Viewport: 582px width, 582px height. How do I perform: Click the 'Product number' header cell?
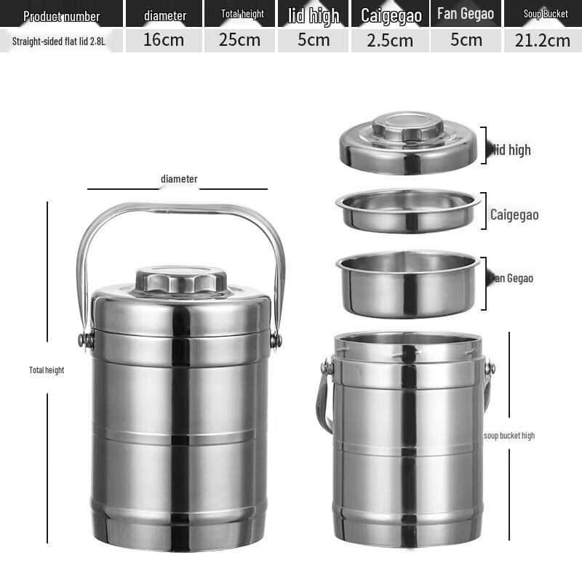[61, 15]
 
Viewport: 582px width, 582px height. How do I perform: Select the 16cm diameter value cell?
[164, 40]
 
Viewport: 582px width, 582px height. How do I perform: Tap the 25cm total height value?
[239, 40]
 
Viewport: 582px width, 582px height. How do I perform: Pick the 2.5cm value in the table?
[390, 40]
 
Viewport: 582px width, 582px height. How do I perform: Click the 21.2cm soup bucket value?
[542, 40]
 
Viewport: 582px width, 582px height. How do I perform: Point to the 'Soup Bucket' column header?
[546, 14]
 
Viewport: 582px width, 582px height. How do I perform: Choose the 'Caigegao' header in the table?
[391, 15]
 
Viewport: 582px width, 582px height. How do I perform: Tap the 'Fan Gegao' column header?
[466, 14]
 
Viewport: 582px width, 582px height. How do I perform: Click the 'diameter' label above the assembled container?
[179, 179]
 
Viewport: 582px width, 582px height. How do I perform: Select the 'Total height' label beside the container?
[47, 370]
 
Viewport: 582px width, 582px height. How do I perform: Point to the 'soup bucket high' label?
[509, 436]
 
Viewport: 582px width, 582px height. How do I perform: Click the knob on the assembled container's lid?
[180, 280]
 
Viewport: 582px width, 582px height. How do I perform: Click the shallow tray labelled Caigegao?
[407, 210]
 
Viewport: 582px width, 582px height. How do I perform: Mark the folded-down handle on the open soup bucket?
[324, 400]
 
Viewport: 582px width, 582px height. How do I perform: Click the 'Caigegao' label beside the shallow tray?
[514, 215]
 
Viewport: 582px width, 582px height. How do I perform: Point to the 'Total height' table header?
[242, 14]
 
